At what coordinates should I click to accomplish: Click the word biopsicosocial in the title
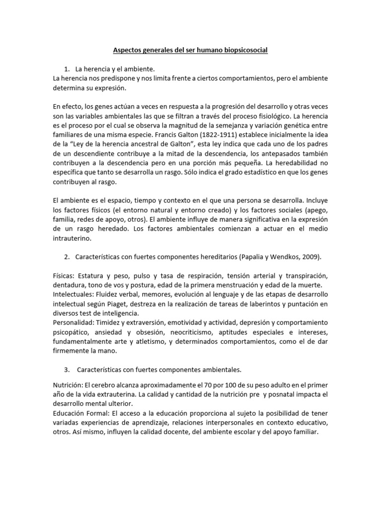point(244,50)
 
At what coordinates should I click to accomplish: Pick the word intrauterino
point(72,238)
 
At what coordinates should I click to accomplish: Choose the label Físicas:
point(64,275)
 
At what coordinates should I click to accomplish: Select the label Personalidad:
point(74,322)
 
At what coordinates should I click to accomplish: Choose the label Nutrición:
point(67,385)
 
